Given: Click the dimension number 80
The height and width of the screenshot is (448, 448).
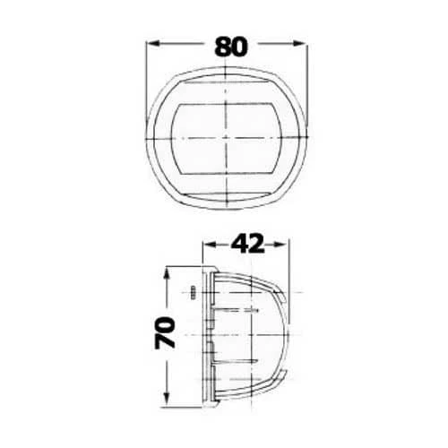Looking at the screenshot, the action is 231,47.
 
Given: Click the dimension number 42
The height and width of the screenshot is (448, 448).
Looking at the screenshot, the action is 248,244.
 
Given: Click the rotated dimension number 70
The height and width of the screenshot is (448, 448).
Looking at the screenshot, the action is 165,332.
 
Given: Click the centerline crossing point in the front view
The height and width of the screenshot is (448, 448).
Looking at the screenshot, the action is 226,138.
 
